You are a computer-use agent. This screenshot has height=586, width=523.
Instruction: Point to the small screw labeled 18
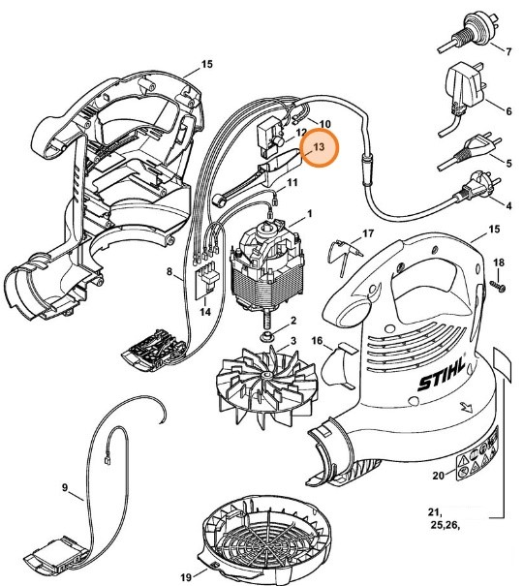click(497, 285)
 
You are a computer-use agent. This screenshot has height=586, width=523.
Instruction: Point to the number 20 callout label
click(437, 475)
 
